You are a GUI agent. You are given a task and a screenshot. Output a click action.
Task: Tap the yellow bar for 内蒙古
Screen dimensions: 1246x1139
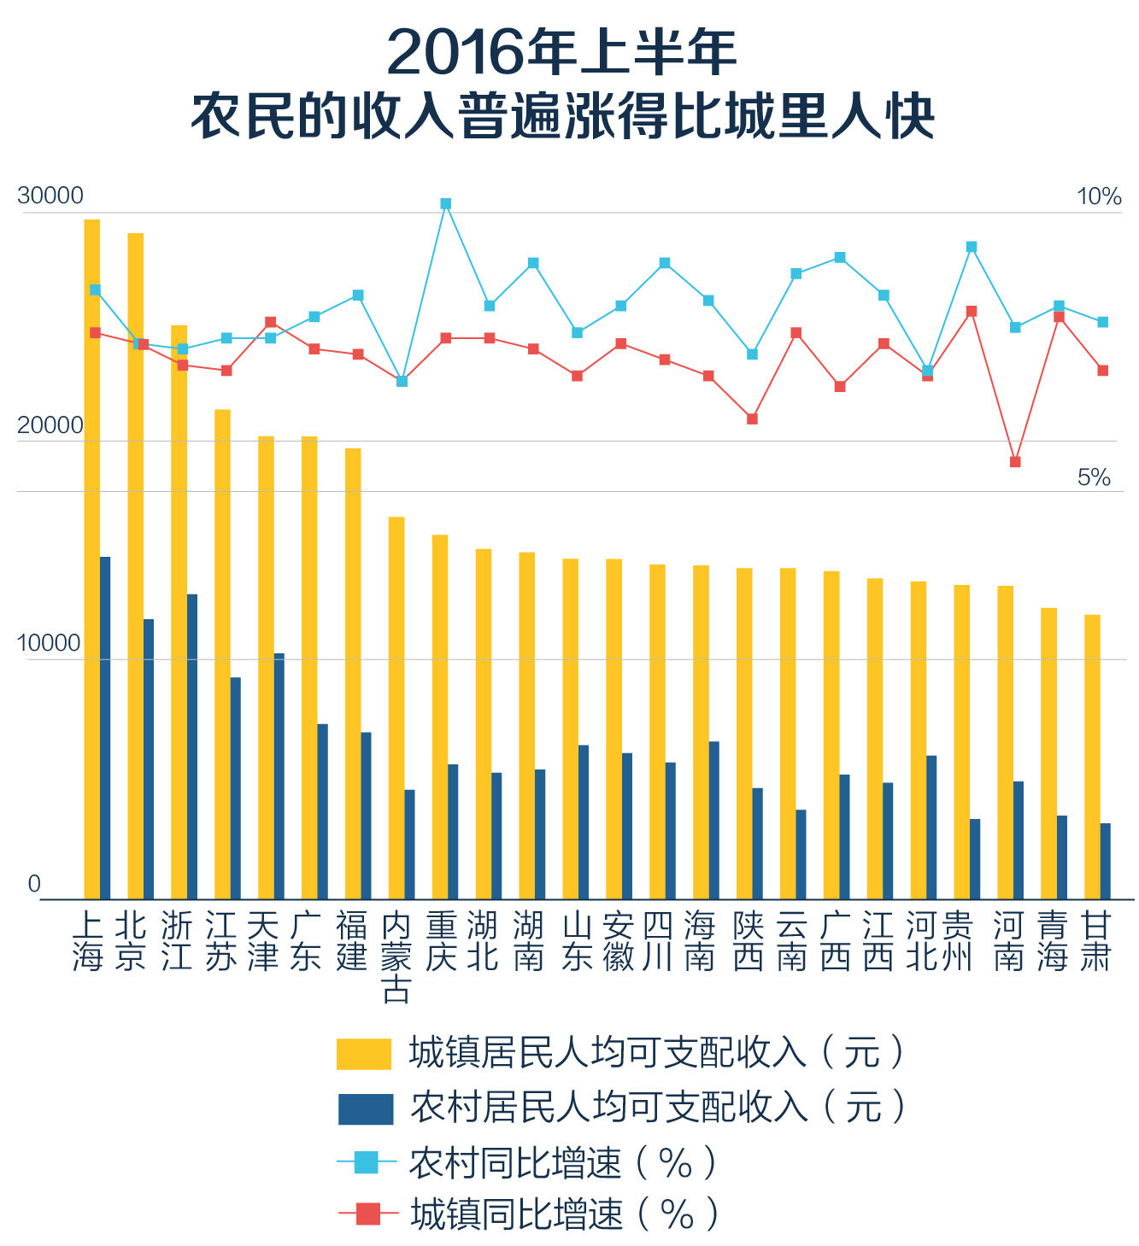[x=396, y=708]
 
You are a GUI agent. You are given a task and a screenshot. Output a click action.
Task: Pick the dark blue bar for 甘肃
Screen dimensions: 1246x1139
[x=1106, y=861]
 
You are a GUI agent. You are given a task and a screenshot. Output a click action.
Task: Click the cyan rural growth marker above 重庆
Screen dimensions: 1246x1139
[x=446, y=204]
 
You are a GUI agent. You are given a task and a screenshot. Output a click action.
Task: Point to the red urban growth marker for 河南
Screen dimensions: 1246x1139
[x=1015, y=462]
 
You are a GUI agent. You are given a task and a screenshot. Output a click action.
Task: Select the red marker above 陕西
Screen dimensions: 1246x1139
[x=752, y=419]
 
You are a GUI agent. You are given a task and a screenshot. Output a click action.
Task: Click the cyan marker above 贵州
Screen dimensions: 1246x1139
[x=972, y=247]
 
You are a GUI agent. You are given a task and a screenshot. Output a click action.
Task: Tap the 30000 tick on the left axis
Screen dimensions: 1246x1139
[x=50, y=196]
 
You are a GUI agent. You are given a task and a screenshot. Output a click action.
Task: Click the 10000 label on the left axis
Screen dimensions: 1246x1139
[x=50, y=643]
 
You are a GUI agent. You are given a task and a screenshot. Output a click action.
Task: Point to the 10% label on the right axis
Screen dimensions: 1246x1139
[x=1099, y=197]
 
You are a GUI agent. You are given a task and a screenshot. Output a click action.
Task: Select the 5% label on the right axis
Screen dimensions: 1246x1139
[x=1094, y=477]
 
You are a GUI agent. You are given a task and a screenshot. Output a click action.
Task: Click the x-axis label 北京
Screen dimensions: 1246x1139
[x=131, y=941]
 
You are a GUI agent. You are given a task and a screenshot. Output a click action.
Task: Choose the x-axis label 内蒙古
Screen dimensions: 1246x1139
[x=396, y=956]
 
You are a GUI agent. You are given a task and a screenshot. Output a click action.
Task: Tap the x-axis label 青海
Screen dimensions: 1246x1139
[x=1053, y=941]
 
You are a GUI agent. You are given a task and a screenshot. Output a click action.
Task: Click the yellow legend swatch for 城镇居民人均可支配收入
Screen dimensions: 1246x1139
[x=364, y=1053]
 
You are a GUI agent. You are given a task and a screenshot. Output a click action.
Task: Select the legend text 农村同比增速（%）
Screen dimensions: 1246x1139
[x=562, y=1162]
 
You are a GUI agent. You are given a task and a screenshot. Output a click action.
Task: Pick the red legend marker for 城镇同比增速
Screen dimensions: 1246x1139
[x=368, y=1213]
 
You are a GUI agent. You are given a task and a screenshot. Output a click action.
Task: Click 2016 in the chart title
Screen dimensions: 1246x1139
[x=454, y=53]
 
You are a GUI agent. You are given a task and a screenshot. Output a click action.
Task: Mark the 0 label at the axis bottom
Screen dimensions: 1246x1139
[x=34, y=884]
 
